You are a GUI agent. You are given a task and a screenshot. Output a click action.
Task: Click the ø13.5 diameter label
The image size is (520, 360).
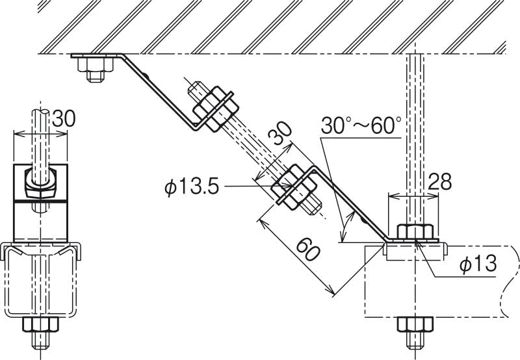192,187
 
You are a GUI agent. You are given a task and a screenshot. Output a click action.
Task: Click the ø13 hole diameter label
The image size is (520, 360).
478,264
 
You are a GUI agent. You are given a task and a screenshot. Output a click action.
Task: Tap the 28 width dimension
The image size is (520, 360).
440,182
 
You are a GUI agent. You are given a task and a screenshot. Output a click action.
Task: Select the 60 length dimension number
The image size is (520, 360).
308,250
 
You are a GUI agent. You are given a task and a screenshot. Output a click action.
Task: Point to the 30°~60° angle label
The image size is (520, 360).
361,125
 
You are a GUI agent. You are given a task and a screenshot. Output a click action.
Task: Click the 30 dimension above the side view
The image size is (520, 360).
64,118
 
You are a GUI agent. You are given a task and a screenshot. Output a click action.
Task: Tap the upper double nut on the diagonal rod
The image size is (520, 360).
216,109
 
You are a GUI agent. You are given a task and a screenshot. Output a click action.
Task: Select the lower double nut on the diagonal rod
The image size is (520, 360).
294,186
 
